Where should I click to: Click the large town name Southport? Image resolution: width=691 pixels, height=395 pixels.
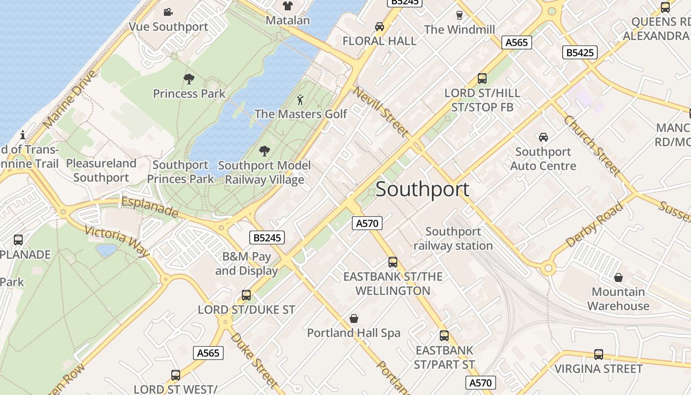pos(422,190)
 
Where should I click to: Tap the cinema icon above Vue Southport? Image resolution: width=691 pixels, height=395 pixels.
pos(169,11)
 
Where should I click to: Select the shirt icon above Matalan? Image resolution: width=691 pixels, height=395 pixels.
pos(287,6)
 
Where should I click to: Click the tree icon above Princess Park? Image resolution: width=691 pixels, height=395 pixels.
pos(189,79)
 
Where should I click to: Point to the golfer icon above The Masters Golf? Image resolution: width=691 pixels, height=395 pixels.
pos(300,100)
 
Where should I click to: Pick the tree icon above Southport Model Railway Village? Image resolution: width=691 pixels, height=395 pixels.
pos(265,151)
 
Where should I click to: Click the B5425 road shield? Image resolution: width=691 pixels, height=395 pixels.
pos(580,52)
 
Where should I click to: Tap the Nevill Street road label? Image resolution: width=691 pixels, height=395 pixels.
pos(381,112)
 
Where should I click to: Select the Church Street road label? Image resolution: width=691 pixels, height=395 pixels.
pos(592,145)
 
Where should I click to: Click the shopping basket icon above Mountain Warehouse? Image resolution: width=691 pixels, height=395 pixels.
pos(618,277)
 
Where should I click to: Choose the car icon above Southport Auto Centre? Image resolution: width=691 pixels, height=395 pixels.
pos(543,137)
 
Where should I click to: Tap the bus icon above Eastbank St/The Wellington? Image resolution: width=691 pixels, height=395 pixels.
pos(393,262)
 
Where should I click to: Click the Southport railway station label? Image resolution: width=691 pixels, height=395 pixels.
pos(453,238)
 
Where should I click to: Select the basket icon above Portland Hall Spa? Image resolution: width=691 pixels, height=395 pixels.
pos(353,318)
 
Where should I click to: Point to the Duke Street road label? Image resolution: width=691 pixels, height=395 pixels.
pos(254,360)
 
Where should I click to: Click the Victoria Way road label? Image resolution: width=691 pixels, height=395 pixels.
pos(117,241)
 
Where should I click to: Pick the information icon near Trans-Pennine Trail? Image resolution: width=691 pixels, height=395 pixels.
pos(22,135)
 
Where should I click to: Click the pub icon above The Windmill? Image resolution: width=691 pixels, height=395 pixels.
pos(460,15)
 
